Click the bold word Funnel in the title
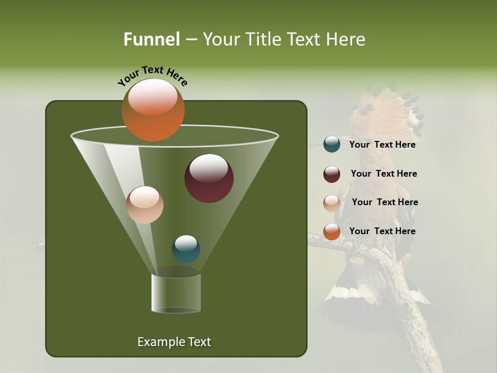(x=151, y=39)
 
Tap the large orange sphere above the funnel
(x=153, y=110)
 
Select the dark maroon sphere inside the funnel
(x=209, y=178)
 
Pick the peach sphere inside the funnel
(x=144, y=205)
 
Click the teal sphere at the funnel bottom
(x=186, y=249)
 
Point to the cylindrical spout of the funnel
(x=176, y=293)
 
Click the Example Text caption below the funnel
(x=174, y=342)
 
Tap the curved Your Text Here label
(x=152, y=76)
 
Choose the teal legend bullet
(x=332, y=145)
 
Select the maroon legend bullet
(x=332, y=174)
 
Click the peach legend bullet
(x=332, y=203)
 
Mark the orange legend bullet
(x=332, y=232)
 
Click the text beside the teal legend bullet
(x=382, y=145)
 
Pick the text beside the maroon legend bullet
(x=384, y=174)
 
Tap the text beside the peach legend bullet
(x=385, y=202)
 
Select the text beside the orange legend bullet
(x=382, y=231)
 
